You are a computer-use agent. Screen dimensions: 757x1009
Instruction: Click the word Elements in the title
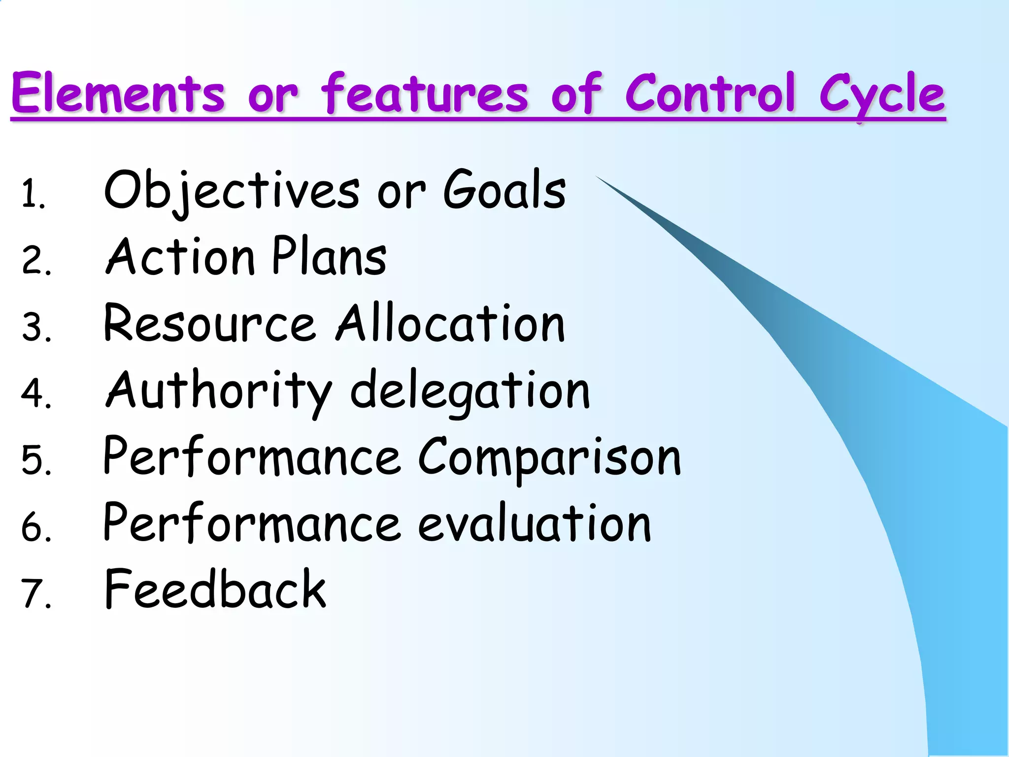tap(118, 93)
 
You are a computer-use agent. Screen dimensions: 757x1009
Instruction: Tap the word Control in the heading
tap(709, 93)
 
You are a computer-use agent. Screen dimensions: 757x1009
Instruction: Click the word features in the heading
tap(425, 93)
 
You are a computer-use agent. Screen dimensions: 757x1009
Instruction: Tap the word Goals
tap(504, 190)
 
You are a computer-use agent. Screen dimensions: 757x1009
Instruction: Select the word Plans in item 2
tap(329, 256)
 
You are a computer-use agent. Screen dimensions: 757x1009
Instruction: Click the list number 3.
tap(35, 327)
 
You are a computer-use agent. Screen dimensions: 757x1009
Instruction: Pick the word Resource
tap(209, 323)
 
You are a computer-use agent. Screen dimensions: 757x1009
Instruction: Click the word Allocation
tap(450, 323)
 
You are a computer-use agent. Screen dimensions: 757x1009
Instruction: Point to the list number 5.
tap(35, 460)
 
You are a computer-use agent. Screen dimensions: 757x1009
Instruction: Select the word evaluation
tap(534, 523)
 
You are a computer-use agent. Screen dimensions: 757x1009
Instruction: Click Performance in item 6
tap(251, 523)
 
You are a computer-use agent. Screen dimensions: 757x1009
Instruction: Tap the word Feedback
tap(215, 589)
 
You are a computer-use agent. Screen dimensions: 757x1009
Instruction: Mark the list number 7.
tap(35, 593)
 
